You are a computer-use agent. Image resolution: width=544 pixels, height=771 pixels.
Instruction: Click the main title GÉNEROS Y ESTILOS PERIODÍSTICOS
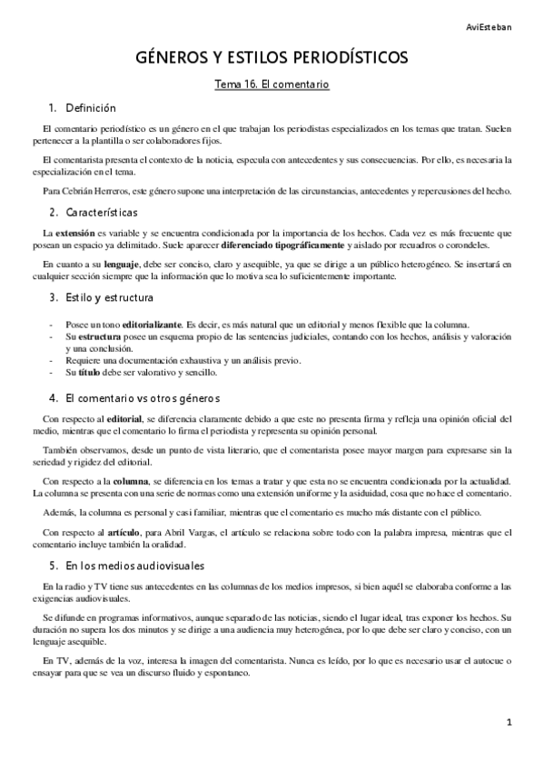tap(271, 57)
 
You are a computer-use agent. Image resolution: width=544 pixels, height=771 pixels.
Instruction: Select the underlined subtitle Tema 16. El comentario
tap(270, 85)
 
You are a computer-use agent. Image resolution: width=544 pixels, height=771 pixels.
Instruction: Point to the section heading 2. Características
tap(94, 212)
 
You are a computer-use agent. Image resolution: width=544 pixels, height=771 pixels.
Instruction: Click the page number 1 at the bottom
tap(510, 723)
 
